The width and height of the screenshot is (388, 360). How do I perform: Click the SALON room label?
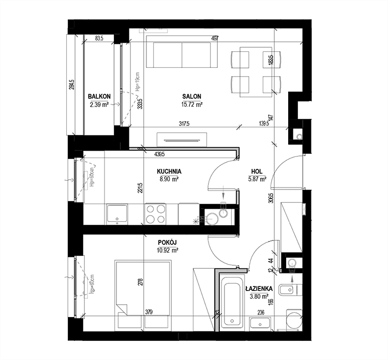[191, 96]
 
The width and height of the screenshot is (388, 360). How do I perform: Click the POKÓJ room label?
[168, 241]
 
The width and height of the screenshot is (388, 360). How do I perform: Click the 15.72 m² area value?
[191, 104]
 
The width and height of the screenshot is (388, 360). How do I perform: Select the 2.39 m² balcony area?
[98, 104]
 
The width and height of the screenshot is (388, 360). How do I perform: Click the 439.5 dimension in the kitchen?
[159, 154]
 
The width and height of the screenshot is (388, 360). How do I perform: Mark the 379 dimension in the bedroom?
[149, 312]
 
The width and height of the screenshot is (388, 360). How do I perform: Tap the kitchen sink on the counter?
[115, 214]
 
